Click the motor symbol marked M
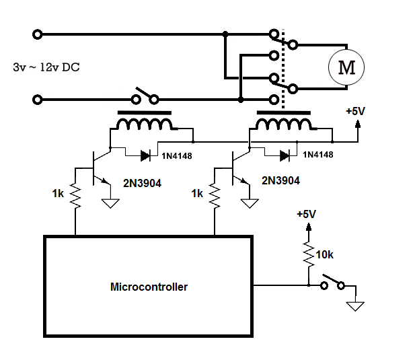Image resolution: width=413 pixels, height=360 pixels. tap(345, 67)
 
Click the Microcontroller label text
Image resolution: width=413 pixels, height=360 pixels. tap(149, 287)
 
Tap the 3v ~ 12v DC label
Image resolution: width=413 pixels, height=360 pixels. tap(50, 68)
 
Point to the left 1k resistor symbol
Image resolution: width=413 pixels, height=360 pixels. tap(75, 197)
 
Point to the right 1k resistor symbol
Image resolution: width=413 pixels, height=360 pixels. tap(215, 197)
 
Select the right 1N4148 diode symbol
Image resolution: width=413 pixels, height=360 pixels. tap(286, 155)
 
